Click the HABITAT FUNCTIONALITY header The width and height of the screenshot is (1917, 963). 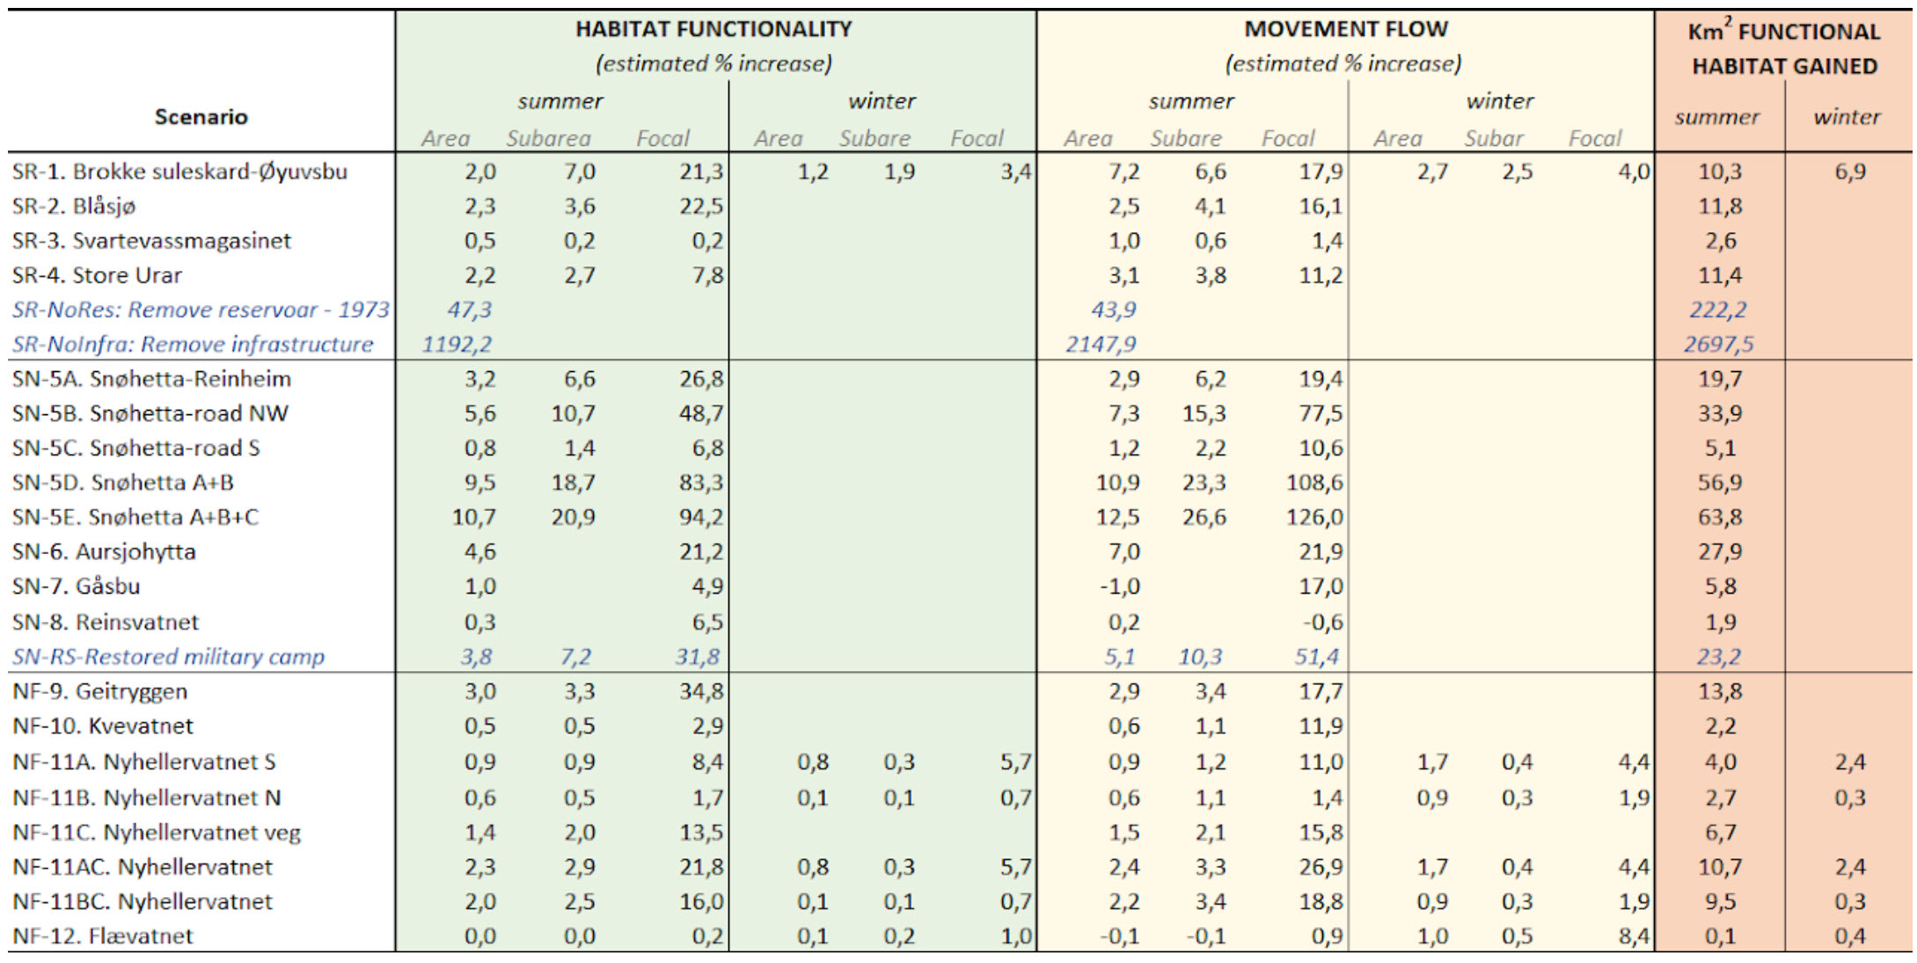tap(713, 29)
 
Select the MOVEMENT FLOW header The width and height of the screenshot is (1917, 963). tap(1345, 29)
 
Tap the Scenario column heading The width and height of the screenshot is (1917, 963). tap(201, 117)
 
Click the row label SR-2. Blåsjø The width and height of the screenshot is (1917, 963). tap(74, 206)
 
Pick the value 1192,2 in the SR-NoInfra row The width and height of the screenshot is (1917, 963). tap(457, 344)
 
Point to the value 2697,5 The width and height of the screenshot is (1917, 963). tap(1718, 344)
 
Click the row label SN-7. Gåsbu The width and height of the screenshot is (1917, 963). tap(76, 586)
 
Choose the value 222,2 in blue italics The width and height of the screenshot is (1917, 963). tap(1717, 310)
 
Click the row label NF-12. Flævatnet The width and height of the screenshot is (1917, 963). tap(102, 936)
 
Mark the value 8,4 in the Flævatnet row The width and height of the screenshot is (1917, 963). tap(1634, 936)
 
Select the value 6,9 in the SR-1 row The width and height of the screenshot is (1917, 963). tap(1849, 171)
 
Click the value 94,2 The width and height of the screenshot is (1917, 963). tap(700, 517)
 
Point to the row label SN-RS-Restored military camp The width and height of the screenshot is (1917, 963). tap(168, 656)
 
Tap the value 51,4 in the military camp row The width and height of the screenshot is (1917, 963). tap(1317, 656)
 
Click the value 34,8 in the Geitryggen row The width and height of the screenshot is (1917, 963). tap(700, 691)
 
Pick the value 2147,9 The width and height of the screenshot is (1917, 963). tap(1100, 344)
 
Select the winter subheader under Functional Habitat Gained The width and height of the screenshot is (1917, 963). tap(1847, 117)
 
